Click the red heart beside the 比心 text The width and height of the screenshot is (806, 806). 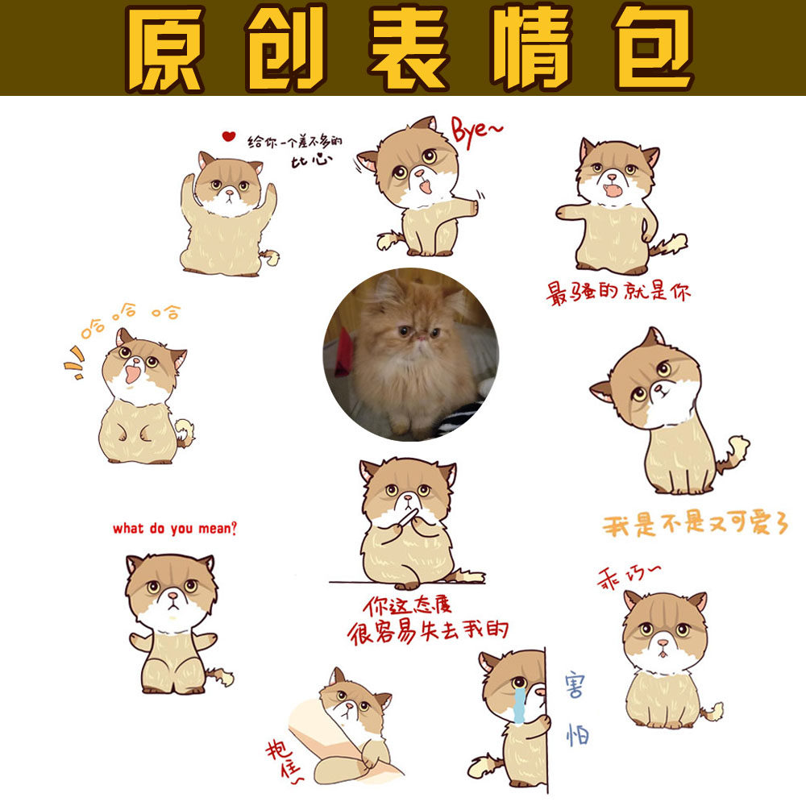[229, 136]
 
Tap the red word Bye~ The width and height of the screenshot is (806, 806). [476, 131]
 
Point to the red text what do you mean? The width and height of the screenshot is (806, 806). [175, 530]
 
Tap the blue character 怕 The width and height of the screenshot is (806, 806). [576, 733]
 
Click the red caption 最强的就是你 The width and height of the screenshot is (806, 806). [618, 292]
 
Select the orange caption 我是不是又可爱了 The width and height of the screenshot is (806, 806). [695, 524]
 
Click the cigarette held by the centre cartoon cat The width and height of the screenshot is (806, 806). [409, 513]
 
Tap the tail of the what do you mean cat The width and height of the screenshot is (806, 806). [219, 675]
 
